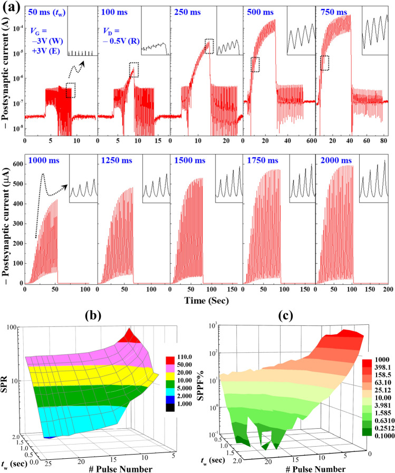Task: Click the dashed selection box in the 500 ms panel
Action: [255, 64]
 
